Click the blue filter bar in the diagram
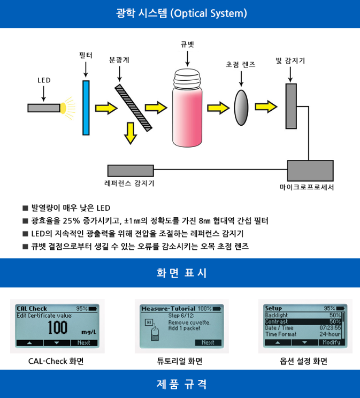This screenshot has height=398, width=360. point(86,108)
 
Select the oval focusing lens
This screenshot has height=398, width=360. point(241,107)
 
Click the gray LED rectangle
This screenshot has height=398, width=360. point(43,108)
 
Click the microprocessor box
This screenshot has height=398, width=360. point(310,171)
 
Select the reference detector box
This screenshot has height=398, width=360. point(131,171)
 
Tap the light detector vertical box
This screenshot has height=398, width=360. point(291,106)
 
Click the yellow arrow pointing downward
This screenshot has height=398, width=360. point(129,133)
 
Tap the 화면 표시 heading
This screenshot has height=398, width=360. point(180,273)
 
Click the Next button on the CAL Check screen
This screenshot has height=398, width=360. point(84,342)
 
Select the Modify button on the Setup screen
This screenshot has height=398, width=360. point(331,342)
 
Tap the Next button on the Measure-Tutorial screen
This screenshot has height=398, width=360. point(208,342)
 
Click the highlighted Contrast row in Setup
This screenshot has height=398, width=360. point(303,322)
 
